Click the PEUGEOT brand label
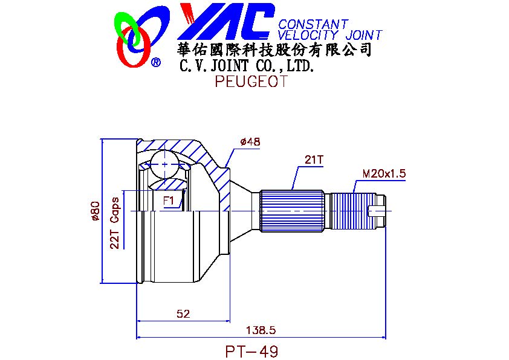pyautogui.click(x=251, y=82)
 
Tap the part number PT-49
pyautogui.click(x=252, y=352)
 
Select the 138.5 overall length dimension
pyautogui.click(x=261, y=330)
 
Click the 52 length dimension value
pyautogui.click(x=183, y=313)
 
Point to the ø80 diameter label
pyautogui.click(x=95, y=211)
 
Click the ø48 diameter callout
pyautogui.click(x=250, y=142)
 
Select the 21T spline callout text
pyautogui.click(x=314, y=159)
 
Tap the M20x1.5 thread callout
pyautogui.click(x=384, y=173)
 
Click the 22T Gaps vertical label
pyautogui.click(x=115, y=223)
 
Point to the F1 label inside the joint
pyautogui.click(x=169, y=201)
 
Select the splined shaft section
pyautogui.click(x=292, y=211)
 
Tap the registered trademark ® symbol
pyautogui.click(x=156, y=62)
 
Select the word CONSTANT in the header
pyautogui.click(x=313, y=24)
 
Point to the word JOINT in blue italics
pyautogui.click(x=363, y=35)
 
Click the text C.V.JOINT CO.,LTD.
pyautogui.click(x=247, y=66)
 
